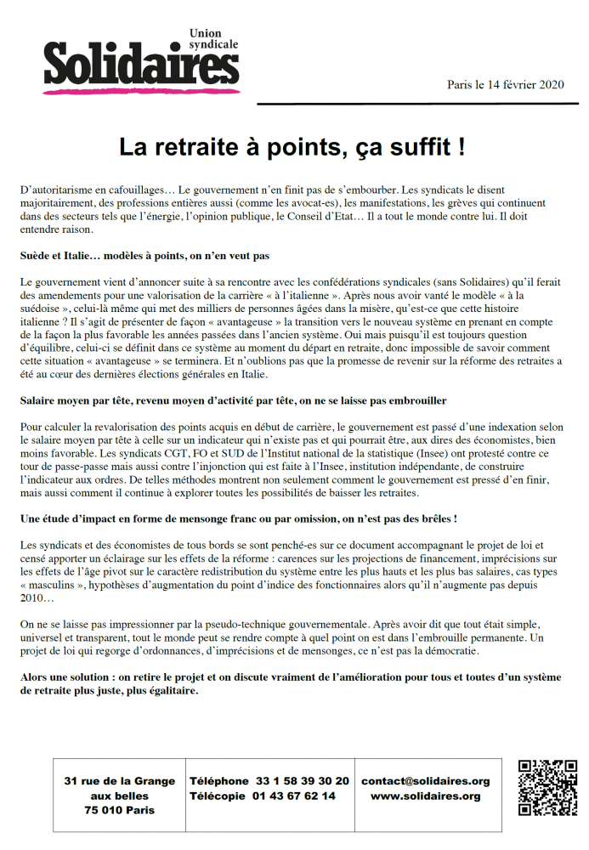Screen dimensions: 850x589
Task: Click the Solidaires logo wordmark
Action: (x=140, y=65)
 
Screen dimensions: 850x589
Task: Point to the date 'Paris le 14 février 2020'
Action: (x=506, y=85)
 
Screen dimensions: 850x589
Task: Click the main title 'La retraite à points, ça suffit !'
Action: (x=292, y=147)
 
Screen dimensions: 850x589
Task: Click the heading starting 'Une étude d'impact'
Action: (x=239, y=518)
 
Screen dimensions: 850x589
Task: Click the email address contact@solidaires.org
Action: (x=425, y=781)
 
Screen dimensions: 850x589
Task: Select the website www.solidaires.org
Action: (x=425, y=796)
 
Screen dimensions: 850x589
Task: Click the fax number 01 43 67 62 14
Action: (x=293, y=796)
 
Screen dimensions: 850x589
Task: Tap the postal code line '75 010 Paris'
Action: (x=120, y=811)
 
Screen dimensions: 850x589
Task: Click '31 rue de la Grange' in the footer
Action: (x=120, y=781)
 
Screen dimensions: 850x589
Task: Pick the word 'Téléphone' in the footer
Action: (x=219, y=781)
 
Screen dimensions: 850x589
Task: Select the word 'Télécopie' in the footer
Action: (x=218, y=796)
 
